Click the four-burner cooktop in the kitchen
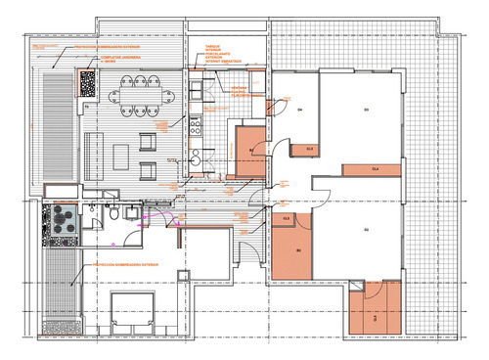[194, 126]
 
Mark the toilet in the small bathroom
[115, 216]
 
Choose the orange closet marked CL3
[310, 149]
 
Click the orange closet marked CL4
[372, 169]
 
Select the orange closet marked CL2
[287, 221]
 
